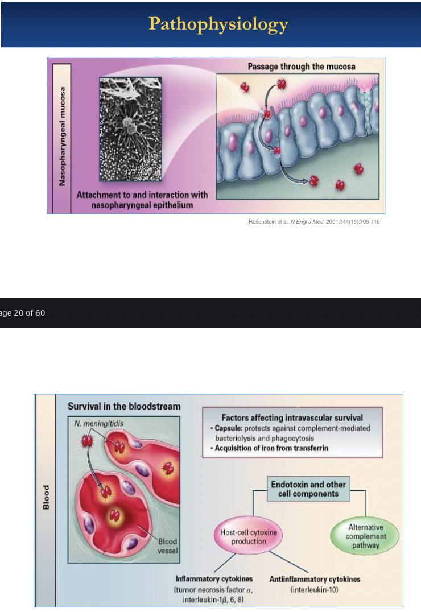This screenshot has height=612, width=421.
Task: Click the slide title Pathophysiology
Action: click(x=218, y=24)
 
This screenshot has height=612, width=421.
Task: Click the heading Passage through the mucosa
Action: click(x=302, y=67)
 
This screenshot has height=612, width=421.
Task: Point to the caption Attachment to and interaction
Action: click(x=142, y=199)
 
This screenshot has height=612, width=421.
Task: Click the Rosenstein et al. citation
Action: click(x=314, y=221)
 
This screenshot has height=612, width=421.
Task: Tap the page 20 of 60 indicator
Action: click(x=23, y=313)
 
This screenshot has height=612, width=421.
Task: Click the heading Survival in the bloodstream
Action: click(x=124, y=406)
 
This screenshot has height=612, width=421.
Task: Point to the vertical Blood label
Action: click(x=46, y=497)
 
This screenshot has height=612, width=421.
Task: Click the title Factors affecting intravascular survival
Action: click(x=292, y=418)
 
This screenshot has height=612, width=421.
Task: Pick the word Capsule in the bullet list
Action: click(x=227, y=428)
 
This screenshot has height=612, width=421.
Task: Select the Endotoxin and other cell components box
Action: click(x=308, y=489)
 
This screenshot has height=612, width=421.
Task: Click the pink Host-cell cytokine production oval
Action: click(x=249, y=537)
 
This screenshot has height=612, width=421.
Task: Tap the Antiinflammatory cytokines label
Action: click(x=315, y=579)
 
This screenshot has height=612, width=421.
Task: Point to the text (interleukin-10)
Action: click(x=315, y=590)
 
